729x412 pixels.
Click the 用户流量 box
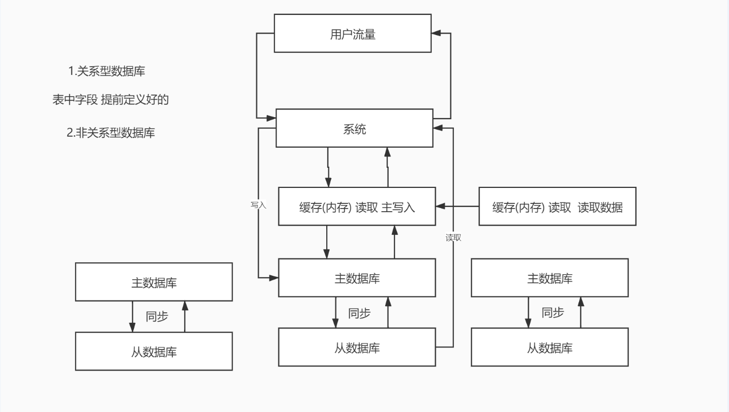tap(353, 34)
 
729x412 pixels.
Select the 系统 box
tap(354, 129)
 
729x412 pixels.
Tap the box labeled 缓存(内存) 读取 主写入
tap(357, 207)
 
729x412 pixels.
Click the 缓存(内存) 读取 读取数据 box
tap(557, 207)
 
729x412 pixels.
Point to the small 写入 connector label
tap(257, 205)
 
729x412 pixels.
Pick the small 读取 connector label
tap(453, 238)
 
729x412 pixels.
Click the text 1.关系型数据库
tap(107, 72)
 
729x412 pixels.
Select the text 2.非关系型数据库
tap(111, 133)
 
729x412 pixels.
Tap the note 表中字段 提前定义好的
tap(111, 100)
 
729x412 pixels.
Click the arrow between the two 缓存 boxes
tap(457, 207)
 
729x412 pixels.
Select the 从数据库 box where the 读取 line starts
tap(357, 347)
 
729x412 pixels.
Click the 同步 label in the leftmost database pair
tap(157, 316)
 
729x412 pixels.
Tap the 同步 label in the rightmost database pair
tap(552, 312)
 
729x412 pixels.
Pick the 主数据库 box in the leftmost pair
tap(154, 282)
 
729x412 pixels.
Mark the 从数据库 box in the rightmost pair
tap(550, 347)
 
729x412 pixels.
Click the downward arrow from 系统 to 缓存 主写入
tap(328, 168)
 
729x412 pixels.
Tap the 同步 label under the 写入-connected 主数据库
tap(359, 313)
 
